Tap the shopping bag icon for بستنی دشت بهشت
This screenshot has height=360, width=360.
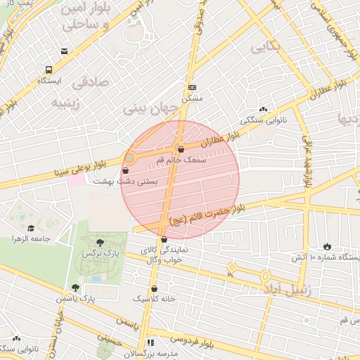coord(125,170)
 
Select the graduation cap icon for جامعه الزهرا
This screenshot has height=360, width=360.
coord(31,228)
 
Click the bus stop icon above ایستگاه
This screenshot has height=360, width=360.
coord(49,70)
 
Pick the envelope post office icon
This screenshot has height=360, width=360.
coord(65,51)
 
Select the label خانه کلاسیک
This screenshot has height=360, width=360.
coord(155,299)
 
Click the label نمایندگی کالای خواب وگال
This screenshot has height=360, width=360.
coord(163,255)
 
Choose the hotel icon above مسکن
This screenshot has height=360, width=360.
coord(192,87)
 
